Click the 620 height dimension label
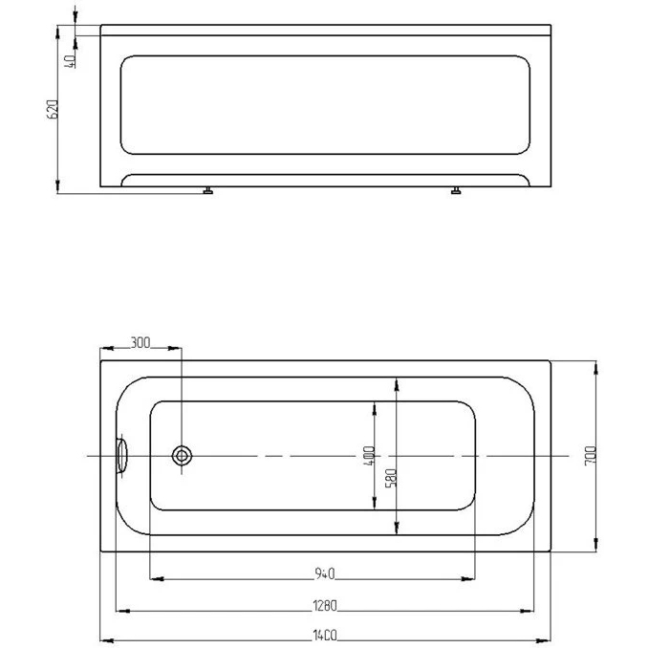click(53, 109)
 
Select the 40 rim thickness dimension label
click(71, 61)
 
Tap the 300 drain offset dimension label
click(140, 342)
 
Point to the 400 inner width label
click(369, 456)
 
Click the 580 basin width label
click(391, 478)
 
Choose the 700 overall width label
click(591, 456)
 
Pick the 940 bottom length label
click(325, 573)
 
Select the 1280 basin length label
click(325, 605)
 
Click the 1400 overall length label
click(325, 635)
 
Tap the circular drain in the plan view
click(182, 456)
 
